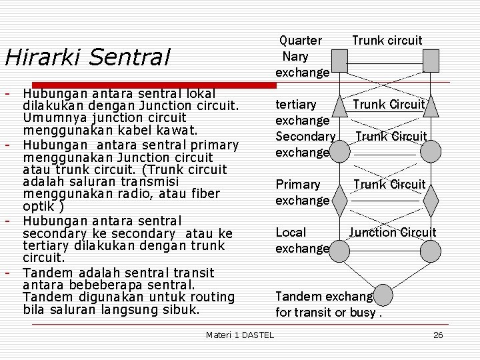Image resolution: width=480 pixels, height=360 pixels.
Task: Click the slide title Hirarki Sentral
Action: [87, 57]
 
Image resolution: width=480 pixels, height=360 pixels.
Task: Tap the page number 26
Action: [438, 335]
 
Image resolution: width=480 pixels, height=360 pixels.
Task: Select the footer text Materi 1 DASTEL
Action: [240, 335]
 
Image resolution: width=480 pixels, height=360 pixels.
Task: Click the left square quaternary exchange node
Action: [340, 61]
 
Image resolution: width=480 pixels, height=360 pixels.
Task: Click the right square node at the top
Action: [431, 61]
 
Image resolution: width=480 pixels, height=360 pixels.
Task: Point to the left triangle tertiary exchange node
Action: [340, 105]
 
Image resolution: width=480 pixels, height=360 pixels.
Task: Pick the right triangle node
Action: [431, 105]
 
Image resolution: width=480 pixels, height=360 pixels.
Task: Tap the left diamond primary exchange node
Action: [340, 199]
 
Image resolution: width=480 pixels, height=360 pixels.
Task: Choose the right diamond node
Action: [431, 199]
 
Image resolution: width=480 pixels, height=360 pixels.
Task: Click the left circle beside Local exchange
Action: [340, 251]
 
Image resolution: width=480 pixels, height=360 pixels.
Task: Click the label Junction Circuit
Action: [393, 232]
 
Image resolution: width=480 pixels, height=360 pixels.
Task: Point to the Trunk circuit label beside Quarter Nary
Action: [387, 41]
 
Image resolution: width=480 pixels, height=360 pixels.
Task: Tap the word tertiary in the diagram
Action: [296, 105]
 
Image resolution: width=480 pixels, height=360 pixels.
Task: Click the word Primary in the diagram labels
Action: [298, 184]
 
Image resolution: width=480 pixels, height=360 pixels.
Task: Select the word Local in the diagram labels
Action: [291, 232]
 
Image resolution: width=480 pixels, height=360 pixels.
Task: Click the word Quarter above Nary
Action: [300, 41]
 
